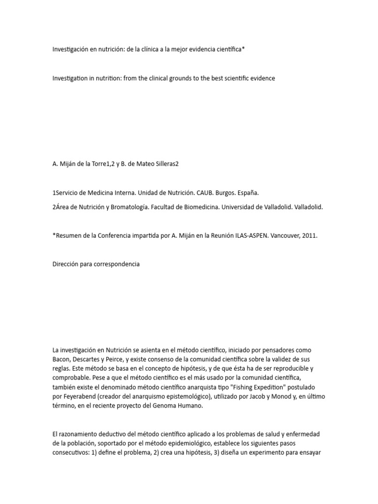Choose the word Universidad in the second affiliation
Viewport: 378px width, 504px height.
[239, 207]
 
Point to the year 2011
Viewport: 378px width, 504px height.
[310, 236]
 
